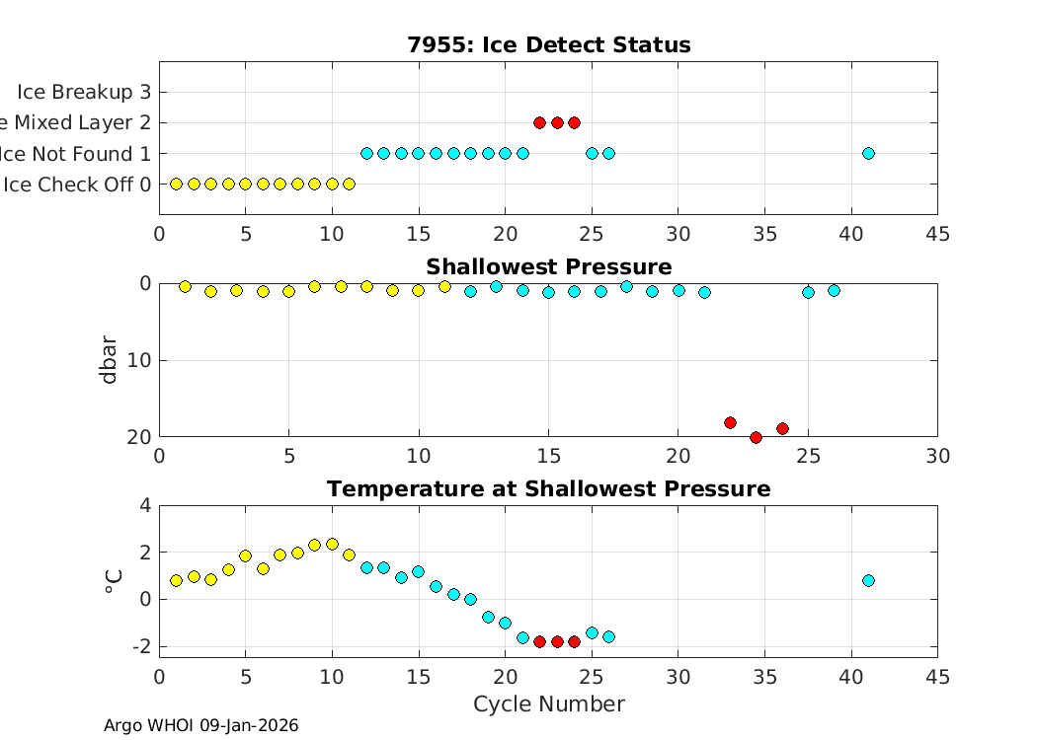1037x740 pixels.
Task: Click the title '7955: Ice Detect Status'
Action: [x=548, y=45]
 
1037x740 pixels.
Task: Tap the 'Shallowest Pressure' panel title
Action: [x=548, y=267]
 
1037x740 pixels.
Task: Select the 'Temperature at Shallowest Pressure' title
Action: [x=548, y=489]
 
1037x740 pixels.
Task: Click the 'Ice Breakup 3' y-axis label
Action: [x=76, y=92]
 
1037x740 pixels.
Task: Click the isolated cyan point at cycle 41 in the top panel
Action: [x=868, y=153]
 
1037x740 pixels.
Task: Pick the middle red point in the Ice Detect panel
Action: [x=557, y=122]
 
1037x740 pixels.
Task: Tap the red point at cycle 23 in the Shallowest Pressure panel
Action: [x=756, y=437]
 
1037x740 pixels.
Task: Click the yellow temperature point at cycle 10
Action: [x=332, y=544]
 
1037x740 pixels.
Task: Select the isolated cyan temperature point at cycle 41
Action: [x=868, y=580]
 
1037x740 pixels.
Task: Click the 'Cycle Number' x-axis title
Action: [x=548, y=704]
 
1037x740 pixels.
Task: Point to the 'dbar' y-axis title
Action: [x=110, y=360]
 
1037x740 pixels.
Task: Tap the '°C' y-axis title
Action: [x=113, y=582]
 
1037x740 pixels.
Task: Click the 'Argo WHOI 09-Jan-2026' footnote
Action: [x=200, y=726]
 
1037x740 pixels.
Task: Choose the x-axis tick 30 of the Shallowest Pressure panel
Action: [x=937, y=456]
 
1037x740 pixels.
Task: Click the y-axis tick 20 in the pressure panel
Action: [x=138, y=436]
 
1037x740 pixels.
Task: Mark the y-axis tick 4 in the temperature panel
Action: [x=145, y=505]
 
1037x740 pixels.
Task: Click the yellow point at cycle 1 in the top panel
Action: [x=177, y=184]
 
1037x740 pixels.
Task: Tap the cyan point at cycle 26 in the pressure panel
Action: [x=834, y=290]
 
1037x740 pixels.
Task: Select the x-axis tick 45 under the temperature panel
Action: [x=937, y=678]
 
